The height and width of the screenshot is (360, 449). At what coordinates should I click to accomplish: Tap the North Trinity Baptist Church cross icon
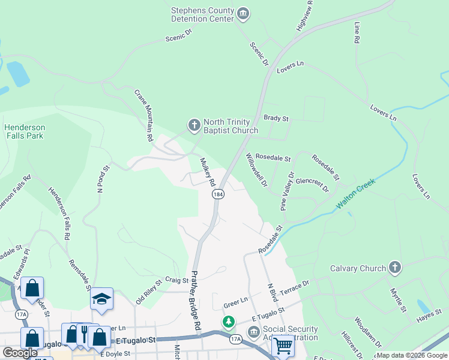194,125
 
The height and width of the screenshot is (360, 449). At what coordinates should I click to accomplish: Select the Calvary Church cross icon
394,268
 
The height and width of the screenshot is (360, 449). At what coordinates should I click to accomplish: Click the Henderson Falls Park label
24,131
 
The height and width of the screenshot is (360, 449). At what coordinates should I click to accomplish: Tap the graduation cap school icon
101,298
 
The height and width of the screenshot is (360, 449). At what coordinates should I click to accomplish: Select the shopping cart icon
283,345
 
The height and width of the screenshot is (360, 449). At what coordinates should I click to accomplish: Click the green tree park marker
229,322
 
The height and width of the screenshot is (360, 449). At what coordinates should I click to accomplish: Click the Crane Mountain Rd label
143,115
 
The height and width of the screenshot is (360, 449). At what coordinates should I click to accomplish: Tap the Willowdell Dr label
256,170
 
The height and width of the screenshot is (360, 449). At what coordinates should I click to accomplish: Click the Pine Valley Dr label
288,191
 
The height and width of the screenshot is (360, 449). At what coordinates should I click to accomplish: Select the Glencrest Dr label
312,184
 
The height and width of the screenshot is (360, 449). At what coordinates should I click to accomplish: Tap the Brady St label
276,119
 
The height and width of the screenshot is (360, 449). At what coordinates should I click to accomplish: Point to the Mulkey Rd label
207,172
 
